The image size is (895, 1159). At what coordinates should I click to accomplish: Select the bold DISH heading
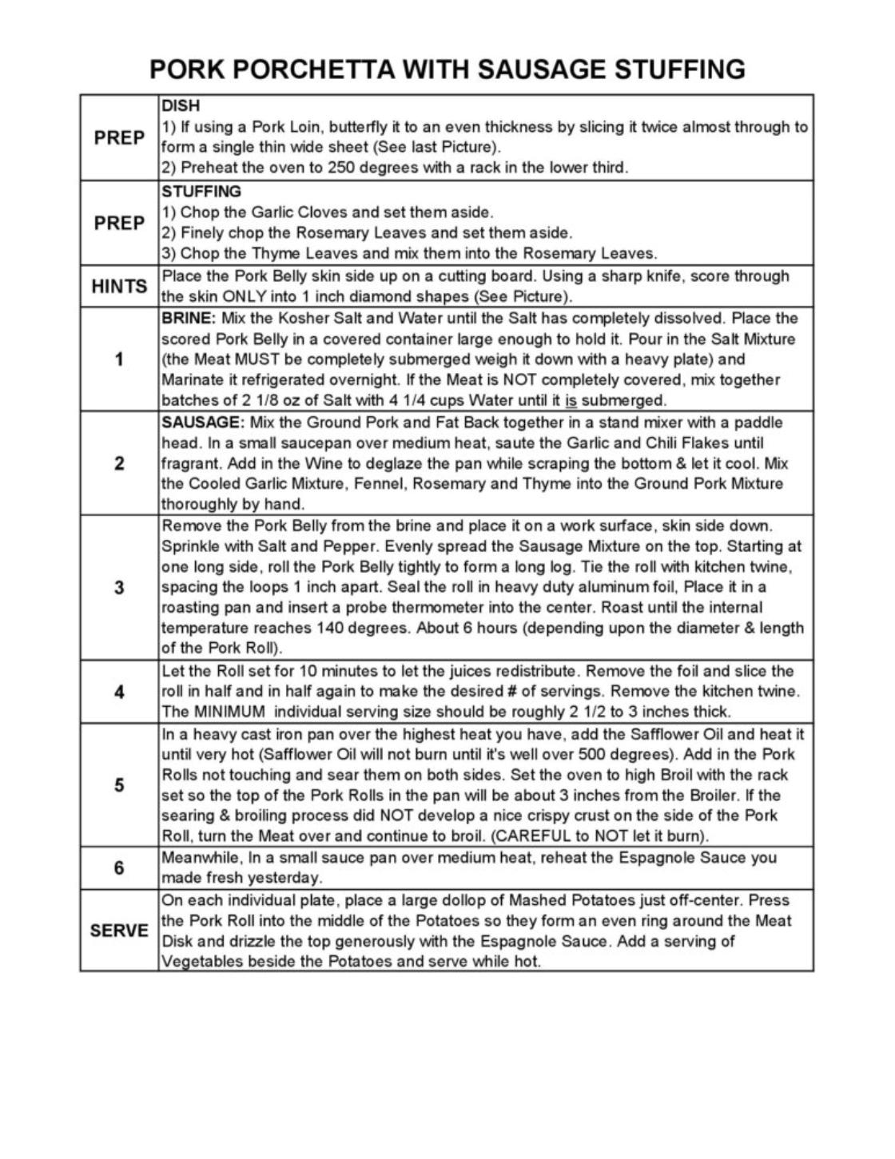[181, 105]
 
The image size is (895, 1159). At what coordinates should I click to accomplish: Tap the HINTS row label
[119, 286]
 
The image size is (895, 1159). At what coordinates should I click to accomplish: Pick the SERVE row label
[119, 931]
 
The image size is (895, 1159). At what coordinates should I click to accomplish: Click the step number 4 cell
[119, 692]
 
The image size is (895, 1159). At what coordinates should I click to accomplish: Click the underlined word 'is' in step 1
[570, 400]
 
